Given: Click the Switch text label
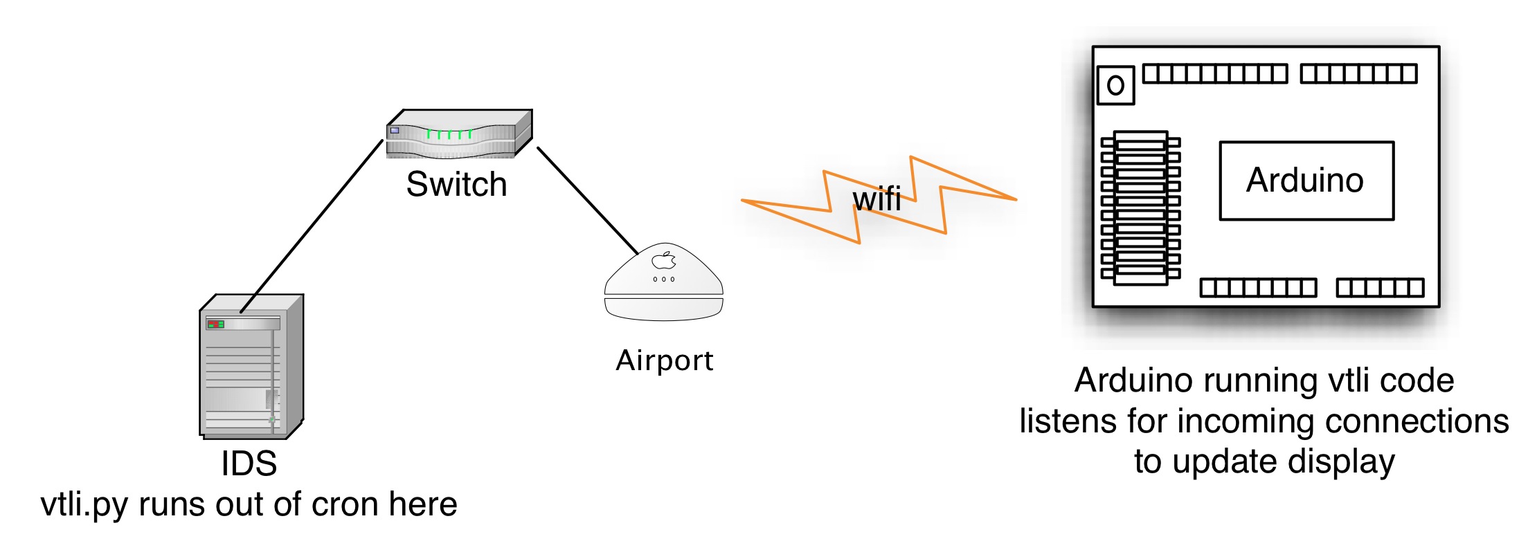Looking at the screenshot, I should point(456,185).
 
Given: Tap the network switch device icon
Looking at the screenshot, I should point(459,134).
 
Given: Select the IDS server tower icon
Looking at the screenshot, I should point(251,367).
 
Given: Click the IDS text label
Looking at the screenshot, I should point(249,464).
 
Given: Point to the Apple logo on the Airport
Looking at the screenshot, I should point(664,260).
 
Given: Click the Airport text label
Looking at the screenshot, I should point(664,360).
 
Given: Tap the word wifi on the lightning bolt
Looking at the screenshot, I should point(877,200).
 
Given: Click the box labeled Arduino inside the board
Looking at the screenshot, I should point(1306,181).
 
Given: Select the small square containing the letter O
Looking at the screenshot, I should point(1115,86).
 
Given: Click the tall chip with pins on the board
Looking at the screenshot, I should point(1140,208).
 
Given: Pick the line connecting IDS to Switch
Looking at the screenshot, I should point(312,226).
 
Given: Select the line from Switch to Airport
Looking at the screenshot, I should point(587,200).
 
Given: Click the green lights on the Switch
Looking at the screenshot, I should point(449,134).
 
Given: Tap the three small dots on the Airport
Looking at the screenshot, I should point(663,279).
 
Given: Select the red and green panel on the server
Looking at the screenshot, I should point(215,324).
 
